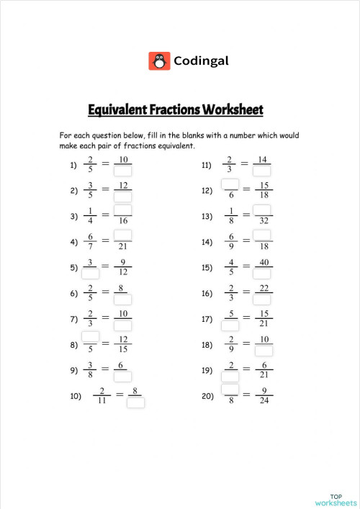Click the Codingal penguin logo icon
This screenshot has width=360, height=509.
point(159,60)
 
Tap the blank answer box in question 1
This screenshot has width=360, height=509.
point(123,171)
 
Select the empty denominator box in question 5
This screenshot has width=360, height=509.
point(91,274)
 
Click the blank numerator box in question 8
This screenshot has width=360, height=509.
point(91,337)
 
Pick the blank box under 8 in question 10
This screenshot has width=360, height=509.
point(135,402)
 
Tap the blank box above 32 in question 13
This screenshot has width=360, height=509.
point(262,210)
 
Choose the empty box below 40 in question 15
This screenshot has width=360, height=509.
point(262,274)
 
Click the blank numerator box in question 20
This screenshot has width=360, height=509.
point(230,389)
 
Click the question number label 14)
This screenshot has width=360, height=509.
point(207,242)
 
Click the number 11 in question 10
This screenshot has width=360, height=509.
point(103,402)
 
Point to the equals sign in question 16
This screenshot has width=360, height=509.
point(246,292)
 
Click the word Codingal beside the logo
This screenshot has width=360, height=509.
point(202,61)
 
